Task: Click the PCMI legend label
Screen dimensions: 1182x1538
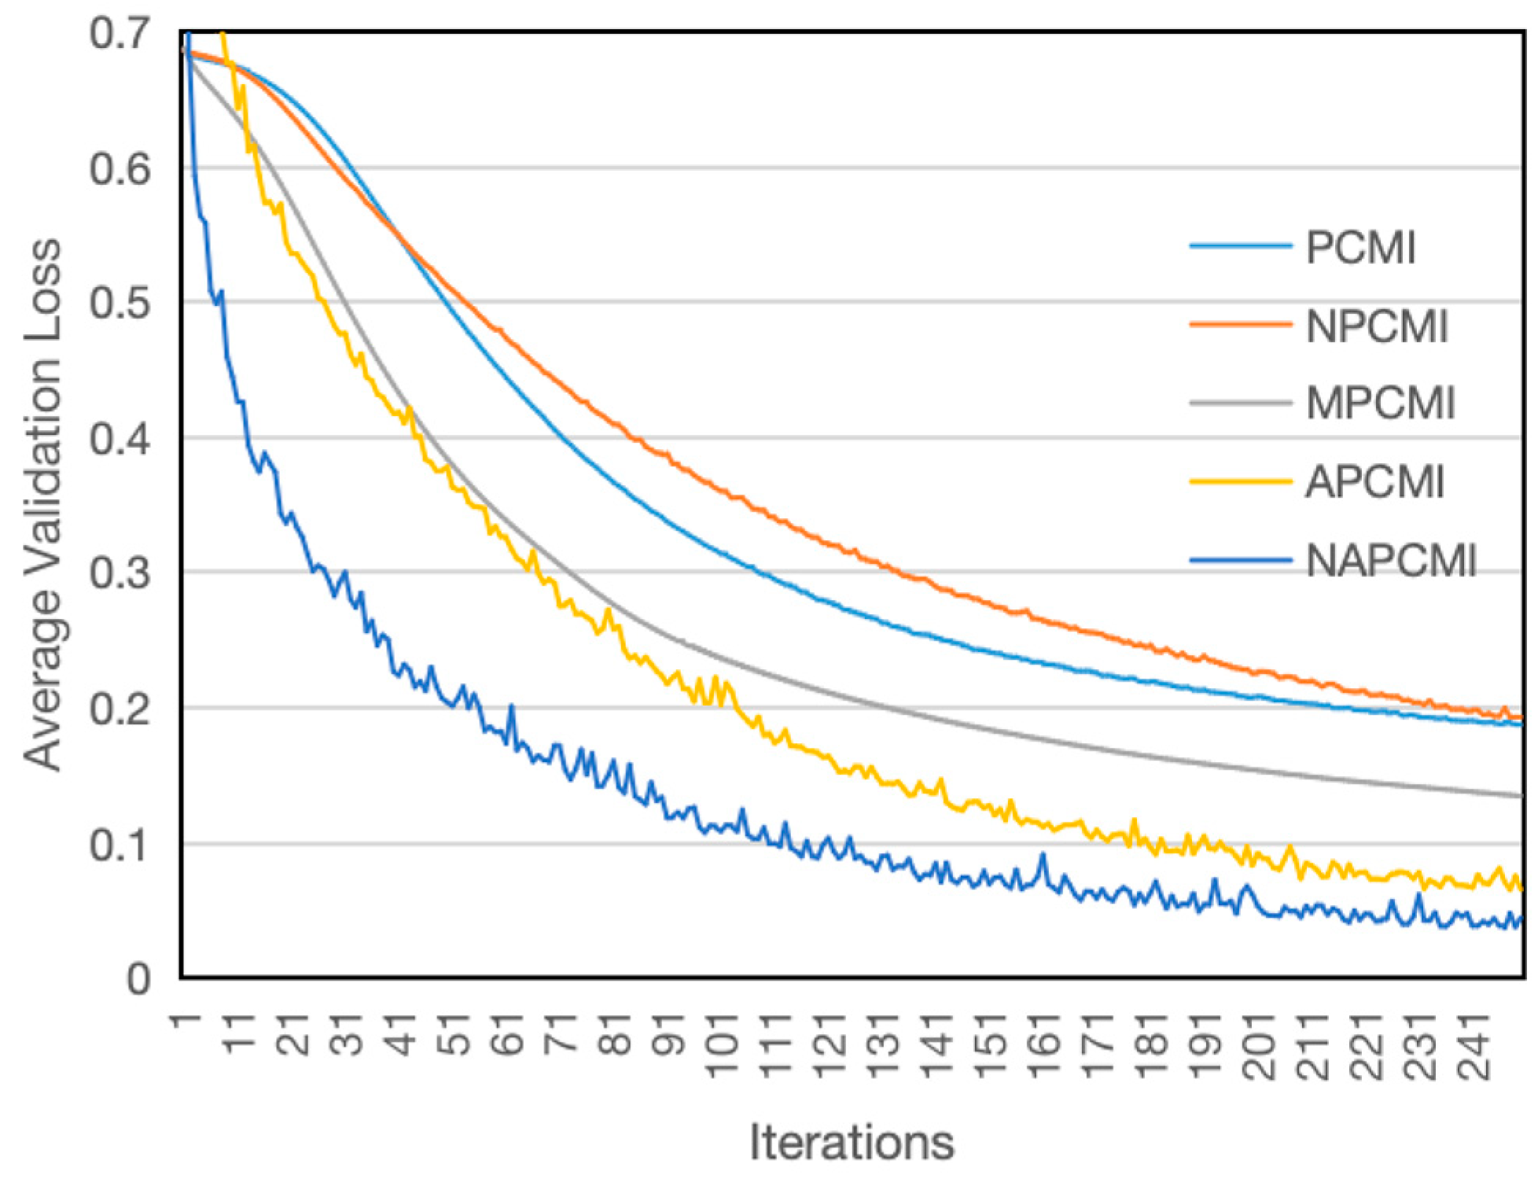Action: coord(1360,248)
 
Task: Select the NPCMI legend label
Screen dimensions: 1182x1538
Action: coord(1377,326)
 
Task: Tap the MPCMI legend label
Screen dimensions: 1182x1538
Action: coord(1381,403)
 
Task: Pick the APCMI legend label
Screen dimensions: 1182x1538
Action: coord(1375,481)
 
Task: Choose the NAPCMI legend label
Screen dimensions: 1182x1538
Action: coord(1391,561)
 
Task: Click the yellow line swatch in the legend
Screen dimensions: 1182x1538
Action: coord(1241,481)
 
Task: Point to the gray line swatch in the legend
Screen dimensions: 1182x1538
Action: coord(1241,403)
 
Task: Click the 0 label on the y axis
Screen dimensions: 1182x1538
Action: coord(138,979)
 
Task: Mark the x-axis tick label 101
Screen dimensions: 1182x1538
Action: coord(723,1045)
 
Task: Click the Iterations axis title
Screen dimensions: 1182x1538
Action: coord(852,1141)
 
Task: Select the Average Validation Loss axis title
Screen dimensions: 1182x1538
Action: coord(43,503)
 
